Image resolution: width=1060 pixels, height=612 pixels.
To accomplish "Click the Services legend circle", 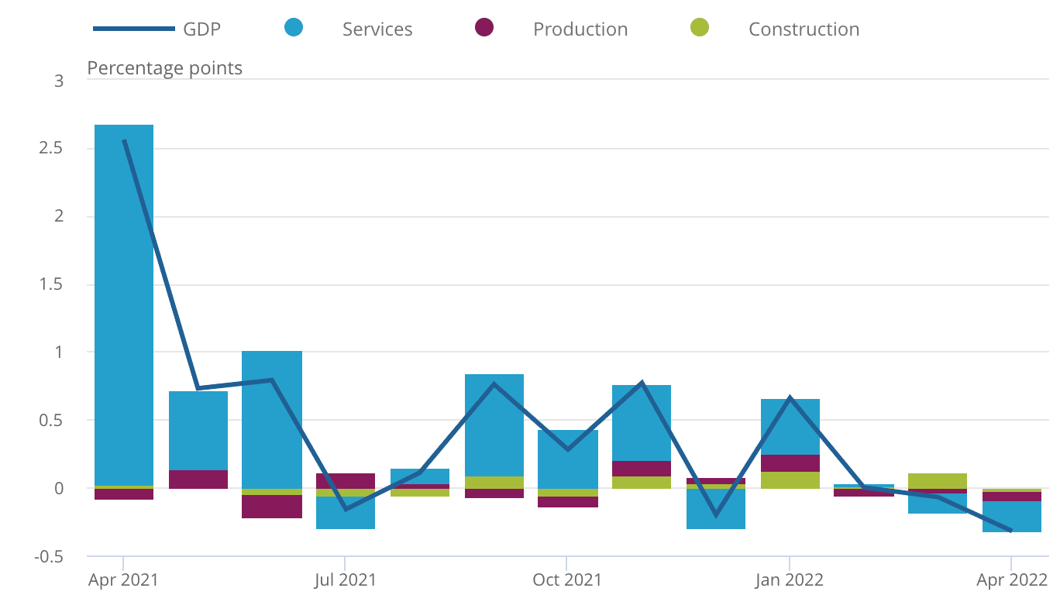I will tap(294, 28).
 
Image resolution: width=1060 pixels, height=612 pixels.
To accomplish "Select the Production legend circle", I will tap(484, 28).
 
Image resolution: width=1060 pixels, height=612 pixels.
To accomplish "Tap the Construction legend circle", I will tap(699, 28).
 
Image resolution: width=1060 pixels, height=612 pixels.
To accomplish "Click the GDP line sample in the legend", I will tap(133, 29).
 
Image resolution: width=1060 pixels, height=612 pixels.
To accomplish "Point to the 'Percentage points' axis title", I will tap(164, 68).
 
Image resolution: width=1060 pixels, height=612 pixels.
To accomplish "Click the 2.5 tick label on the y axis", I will tap(50, 148).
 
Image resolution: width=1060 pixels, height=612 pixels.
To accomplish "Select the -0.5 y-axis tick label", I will tap(48, 556).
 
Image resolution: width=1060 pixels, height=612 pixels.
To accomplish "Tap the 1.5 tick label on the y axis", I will tap(50, 284).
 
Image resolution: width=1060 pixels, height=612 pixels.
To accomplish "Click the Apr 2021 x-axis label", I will tap(124, 579).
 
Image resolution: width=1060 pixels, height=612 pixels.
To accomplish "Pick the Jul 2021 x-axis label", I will tap(346, 579).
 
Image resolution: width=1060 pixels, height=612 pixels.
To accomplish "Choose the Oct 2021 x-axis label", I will tap(567, 579).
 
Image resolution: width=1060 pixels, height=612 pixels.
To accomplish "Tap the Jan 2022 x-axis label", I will tap(790, 579).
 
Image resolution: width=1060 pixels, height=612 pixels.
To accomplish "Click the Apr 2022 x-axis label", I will tap(1011, 579).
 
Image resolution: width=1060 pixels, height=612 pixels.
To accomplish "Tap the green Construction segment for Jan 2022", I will tap(790, 480).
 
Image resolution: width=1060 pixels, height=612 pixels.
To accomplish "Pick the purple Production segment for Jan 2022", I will tap(790, 463).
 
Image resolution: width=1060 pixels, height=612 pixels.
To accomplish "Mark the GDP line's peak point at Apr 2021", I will tap(124, 140).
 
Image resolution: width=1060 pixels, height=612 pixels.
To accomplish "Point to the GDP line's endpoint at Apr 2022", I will tap(1011, 531).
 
